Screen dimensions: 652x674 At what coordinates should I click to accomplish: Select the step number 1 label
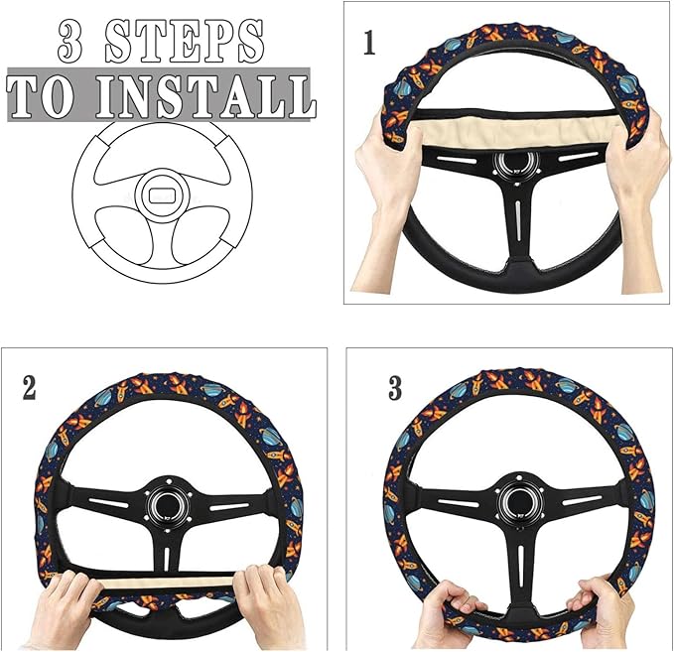tap(369, 46)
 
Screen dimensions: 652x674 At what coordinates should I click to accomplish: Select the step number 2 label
tap(29, 388)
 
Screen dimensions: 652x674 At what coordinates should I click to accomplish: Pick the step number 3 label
tap(395, 388)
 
